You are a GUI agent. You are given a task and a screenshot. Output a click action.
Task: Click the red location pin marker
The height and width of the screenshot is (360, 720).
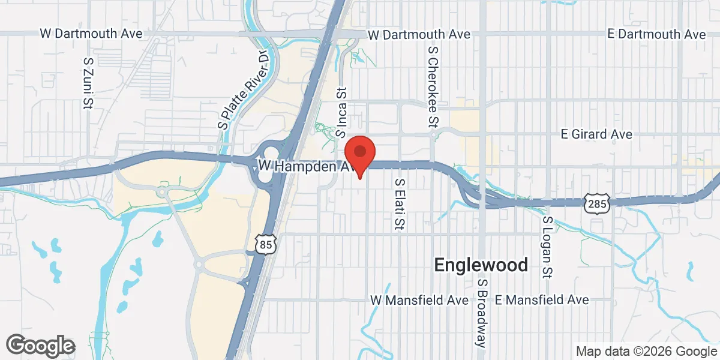coord(359,154)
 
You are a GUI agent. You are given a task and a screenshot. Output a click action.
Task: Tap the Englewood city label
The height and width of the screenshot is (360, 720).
coord(481,265)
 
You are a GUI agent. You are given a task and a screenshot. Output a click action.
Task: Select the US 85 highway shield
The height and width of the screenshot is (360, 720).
coord(265,244)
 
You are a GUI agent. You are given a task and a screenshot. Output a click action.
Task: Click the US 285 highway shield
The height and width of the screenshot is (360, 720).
coord(598,204)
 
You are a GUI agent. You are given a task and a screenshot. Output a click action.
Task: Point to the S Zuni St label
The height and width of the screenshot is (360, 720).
coord(89,83)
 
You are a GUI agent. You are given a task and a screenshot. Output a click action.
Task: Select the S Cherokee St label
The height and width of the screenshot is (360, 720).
coord(431,88)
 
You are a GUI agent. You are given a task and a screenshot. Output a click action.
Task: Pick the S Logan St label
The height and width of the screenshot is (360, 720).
coord(547,247)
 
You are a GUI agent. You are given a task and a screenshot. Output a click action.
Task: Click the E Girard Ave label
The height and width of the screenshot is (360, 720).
coord(596,134)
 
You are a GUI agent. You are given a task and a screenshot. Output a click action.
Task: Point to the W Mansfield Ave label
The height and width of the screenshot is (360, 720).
coord(415,299)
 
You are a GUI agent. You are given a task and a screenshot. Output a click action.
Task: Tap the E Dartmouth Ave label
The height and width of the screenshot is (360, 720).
coord(656,34)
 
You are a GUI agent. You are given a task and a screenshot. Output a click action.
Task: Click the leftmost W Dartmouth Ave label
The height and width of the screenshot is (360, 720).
coord(91,34)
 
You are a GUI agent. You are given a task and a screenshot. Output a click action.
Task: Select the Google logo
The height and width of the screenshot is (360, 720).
coord(41,346)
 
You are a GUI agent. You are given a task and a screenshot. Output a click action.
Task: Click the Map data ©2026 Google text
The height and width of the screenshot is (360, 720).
coord(645,351)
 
